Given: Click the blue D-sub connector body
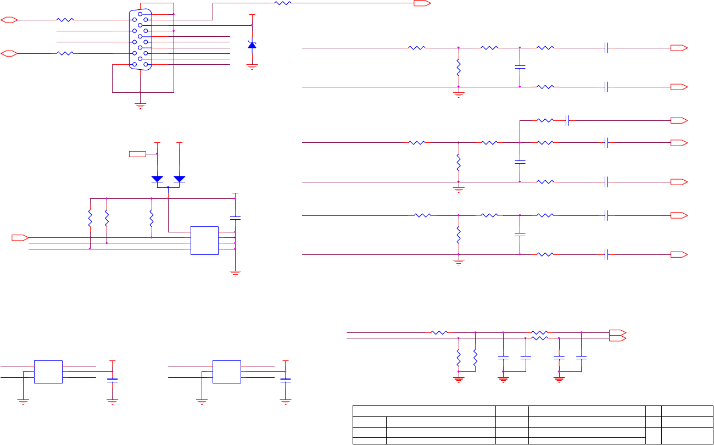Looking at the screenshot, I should pos(140,40).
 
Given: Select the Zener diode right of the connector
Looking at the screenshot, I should pos(252,44).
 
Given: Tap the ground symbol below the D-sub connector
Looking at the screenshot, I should pos(140,106).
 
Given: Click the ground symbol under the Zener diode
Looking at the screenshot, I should pos(252,67).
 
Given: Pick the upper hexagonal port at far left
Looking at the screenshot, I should pos(9,20).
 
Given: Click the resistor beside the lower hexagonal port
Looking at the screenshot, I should pos(65,53).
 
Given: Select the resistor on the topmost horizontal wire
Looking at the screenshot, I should pos(282,3).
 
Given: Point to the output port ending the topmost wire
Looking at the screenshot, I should pos(422,3).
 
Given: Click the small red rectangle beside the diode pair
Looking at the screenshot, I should pos(137,154).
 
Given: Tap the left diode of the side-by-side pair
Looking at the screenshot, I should pos(158,179).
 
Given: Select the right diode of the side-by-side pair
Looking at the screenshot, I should pos(180,179).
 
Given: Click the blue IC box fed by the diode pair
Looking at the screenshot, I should pos(204,240).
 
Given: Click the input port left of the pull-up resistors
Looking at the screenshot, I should pos(20,237).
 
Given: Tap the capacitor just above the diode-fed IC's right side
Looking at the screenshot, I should pos(235,218).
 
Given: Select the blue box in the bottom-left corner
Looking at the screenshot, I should pos(48,371).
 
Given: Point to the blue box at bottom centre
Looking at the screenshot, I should pos(226,371).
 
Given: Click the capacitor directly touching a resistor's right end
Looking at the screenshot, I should pos(568,120).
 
